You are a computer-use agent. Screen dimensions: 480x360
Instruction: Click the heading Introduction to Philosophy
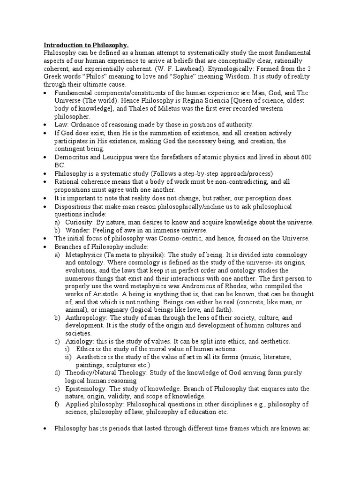pyautogui.click(x=86, y=45)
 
